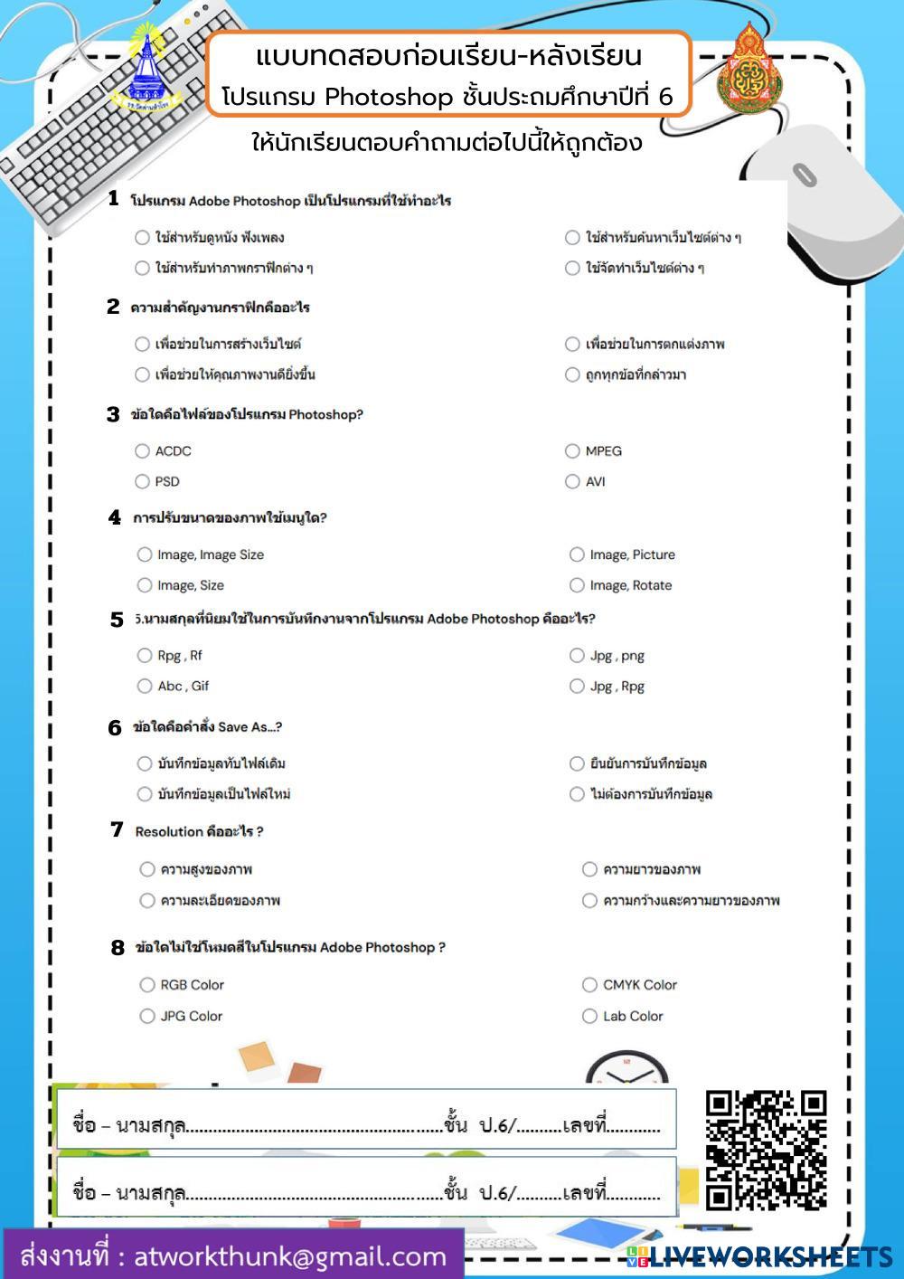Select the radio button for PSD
click(x=142, y=481)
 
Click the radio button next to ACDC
click(x=142, y=450)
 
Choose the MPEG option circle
click(x=572, y=450)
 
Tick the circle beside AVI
click(x=572, y=481)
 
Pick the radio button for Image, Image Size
click(x=145, y=554)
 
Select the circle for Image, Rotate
click(x=577, y=585)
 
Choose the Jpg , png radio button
click(x=577, y=655)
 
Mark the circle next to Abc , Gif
click(x=145, y=686)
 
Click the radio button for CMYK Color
click(x=589, y=984)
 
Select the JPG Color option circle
click(x=147, y=1016)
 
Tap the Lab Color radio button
click(x=589, y=1016)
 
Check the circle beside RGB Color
click(x=147, y=984)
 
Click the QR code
click(x=766, y=1150)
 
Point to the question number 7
click(x=117, y=829)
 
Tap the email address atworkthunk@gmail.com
click(x=289, y=1256)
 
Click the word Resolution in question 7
click(x=169, y=831)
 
